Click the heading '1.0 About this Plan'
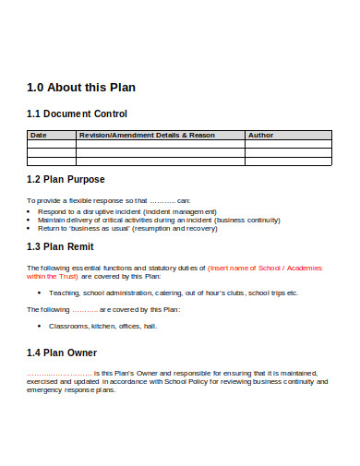tap(81, 89)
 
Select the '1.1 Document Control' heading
tap(77, 114)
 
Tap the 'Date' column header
tap(39, 135)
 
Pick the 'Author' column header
tap(261, 135)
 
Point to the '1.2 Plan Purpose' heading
tap(66, 179)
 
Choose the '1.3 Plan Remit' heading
tap(61, 246)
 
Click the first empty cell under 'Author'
tap(287, 144)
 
